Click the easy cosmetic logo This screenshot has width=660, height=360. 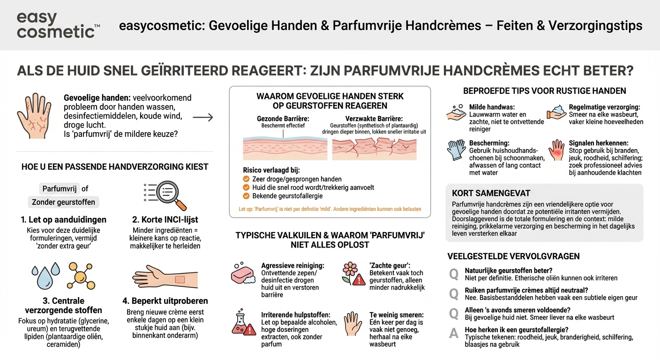(x=58, y=25)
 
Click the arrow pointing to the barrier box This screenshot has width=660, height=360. (x=203, y=117)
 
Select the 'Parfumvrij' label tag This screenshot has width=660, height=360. (x=60, y=188)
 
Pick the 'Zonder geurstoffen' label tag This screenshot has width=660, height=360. (x=63, y=202)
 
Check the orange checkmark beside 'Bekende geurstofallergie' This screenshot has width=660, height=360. (x=246, y=196)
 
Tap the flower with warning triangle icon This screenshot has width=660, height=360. (x=353, y=273)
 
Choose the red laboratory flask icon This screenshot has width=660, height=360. (x=243, y=323)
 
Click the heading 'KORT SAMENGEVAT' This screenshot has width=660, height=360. (x=485, y=193)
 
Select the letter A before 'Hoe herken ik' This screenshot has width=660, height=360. (x=454, y=333)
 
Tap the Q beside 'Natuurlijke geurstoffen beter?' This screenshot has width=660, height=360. (x=454, y=274)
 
